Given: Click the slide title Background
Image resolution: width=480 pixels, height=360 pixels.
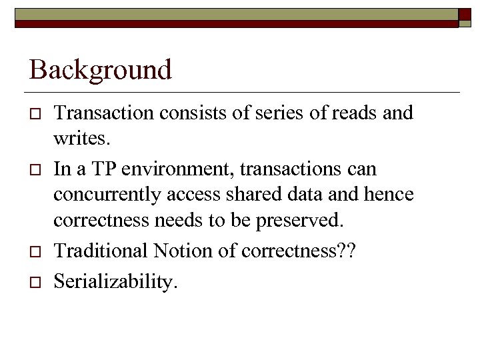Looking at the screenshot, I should click(x=100, y=69).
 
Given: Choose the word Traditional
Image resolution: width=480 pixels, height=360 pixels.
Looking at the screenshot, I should click(x=101, y=251).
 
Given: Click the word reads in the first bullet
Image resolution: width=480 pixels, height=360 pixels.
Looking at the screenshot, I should click(x=355, y=113).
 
